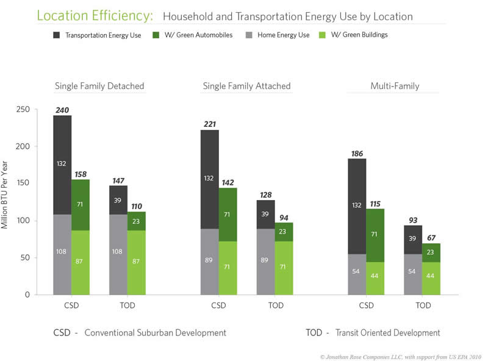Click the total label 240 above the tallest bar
point(62,110)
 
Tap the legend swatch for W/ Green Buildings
point(324,35)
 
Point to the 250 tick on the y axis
point(23,110)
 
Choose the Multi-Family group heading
point(395,86)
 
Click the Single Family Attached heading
point(246,86)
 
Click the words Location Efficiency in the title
point(95,16)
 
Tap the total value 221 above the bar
point(209,124)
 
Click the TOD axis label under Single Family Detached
point(127,306)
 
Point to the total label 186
point(357,153)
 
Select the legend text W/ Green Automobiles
point(199,35)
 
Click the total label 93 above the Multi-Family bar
point(412,220)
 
